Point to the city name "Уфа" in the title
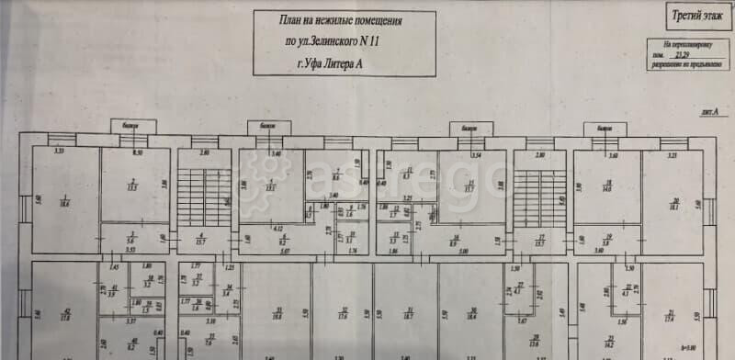coord(315,64)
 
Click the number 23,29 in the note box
coord(681,55)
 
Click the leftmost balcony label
coord(130,127)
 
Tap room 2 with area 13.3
coord(134,184)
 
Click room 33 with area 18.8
coord(276,312)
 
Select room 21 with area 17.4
coord(670,315)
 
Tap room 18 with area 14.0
coord(605,186)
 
